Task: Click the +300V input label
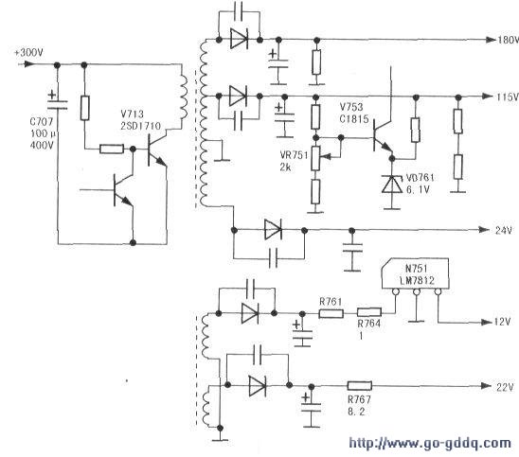coord(28,53)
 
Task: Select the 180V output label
coord(508,40)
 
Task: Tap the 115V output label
coord(507,97)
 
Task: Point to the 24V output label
coord(504,230)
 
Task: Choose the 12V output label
coord(502,322)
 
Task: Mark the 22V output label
coord(505,387)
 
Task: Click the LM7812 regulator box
coord(416,273)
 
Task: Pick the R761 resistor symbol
coord(331,313)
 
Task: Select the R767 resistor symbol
coord(360,386)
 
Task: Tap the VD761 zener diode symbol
coord(391,185)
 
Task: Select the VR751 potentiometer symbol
coord(315,158)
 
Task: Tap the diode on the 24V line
coord(273,230)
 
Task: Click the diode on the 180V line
coord(239,40)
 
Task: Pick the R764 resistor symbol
coord(369,312)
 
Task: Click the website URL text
coord(430,443)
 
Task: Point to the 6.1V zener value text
coord(418,190)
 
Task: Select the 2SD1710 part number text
coord(141,126)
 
